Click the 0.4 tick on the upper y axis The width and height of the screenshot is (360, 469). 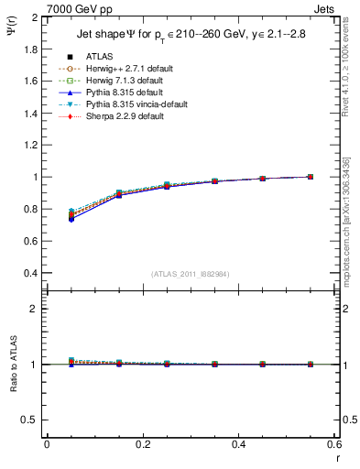[31, 273]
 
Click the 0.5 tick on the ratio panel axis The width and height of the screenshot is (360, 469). [31, 420]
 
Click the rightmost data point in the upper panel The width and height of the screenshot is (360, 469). [311, 177]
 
